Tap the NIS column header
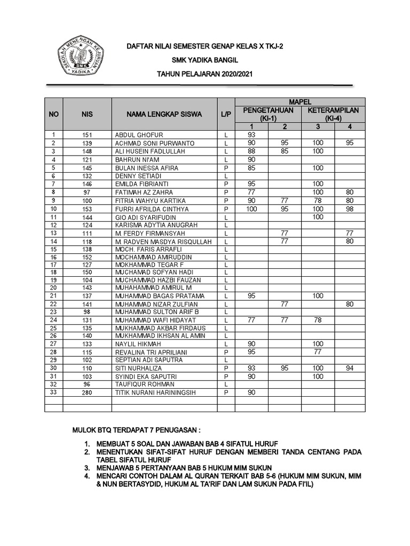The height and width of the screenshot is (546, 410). coord(87,114)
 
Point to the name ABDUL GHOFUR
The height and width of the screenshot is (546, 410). coord(139,135)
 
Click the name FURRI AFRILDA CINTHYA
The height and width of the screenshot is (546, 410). coord(152,209)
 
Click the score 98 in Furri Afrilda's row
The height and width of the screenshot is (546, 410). coord(349,209)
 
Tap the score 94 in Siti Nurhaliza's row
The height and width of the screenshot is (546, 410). coord(349,368)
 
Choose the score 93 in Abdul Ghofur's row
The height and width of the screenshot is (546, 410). coord(251,135)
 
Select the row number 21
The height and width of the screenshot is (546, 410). coord(53,295)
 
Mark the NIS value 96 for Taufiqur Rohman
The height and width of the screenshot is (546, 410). coord(87,384)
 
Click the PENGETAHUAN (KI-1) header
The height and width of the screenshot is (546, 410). coord(267,114)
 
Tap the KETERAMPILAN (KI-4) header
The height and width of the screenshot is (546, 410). coord(333,114)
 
